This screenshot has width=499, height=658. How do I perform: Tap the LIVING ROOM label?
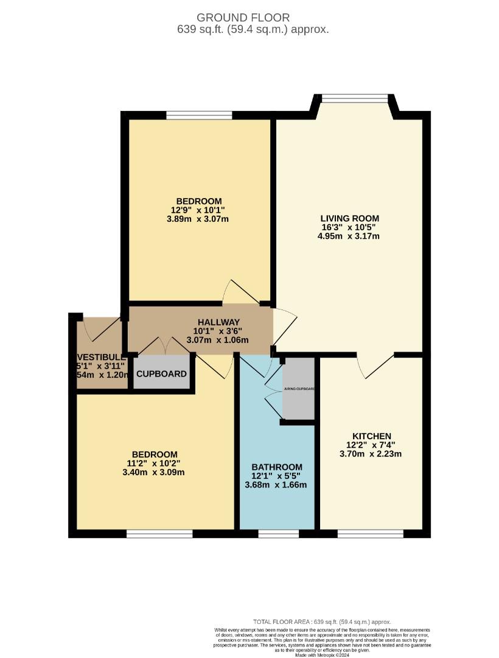click(350, 218)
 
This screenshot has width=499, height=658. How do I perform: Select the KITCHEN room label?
click(372, 436)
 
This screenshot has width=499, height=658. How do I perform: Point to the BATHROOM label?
click(277, 467)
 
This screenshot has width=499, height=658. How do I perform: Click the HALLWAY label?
click(218, 322)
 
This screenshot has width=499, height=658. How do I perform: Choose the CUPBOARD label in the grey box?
click(161, 373)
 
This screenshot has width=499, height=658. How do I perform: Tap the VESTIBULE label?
click(101, 356)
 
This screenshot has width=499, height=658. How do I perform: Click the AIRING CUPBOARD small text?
click(298, 389)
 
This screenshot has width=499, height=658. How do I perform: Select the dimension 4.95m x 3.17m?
click(350, 236)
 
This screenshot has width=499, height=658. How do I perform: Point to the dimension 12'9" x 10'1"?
click(198, 210)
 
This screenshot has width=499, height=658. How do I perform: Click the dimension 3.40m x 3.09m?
click(155, 472)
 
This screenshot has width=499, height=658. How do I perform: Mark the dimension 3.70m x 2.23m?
click(372, 453)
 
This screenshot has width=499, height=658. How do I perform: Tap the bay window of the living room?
click(354, 97)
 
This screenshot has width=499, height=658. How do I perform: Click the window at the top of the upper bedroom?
click(199, 115)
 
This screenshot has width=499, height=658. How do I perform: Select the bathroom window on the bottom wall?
click(278, 534)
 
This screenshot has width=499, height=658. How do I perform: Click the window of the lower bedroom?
click(159, 534)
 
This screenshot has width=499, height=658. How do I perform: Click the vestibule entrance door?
click(100, 329)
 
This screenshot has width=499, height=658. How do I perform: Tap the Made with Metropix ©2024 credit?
click(322, 655)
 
